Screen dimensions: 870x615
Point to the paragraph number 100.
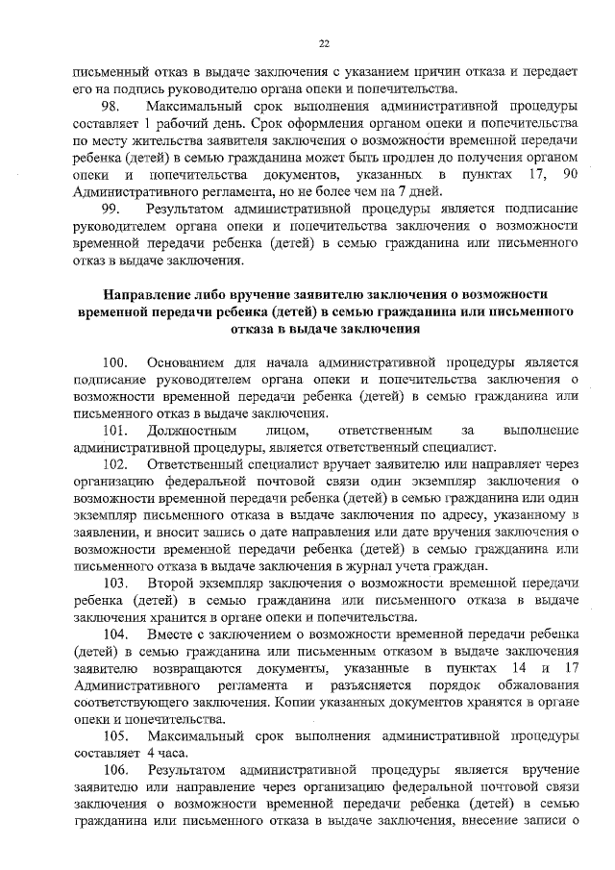point(115,362)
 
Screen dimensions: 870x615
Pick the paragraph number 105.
point(115,735)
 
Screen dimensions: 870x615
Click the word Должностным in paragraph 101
point(190,430)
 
